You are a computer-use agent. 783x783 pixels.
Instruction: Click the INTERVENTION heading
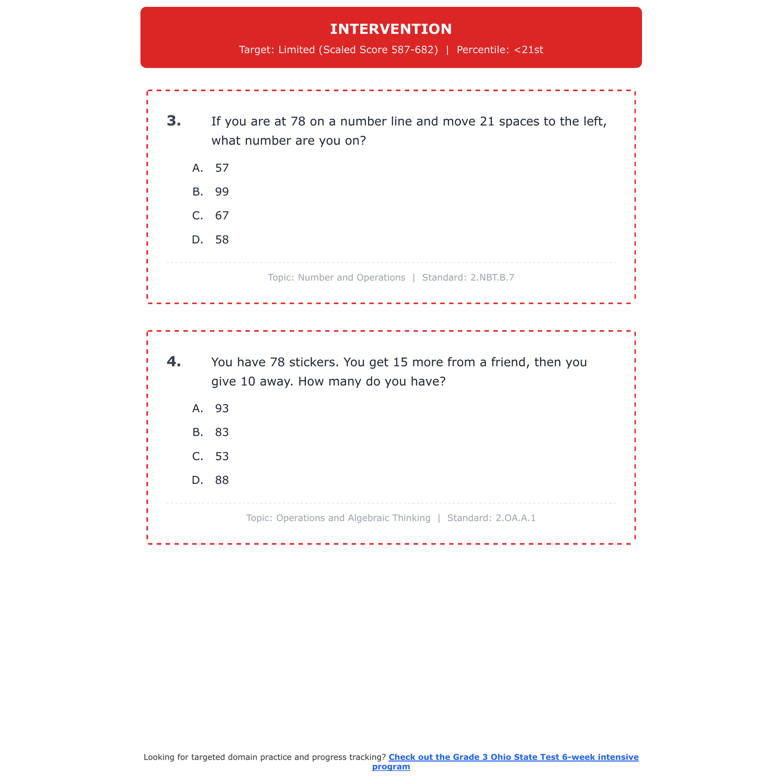pos(391,29)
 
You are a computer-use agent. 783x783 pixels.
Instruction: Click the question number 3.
pos(174,121)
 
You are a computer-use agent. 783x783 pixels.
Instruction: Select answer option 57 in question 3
pos(222,168)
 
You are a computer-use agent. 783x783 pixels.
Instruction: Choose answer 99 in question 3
pos(222,192)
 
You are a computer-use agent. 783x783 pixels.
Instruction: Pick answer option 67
pos(222,216)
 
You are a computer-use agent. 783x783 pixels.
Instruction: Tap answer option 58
pos(222,240)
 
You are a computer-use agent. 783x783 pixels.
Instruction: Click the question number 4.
pos(174,362)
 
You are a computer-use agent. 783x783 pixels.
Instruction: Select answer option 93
pos(222,409)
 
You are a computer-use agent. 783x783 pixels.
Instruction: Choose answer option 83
pos(222,433)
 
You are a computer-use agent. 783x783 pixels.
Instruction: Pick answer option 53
pos(222,457)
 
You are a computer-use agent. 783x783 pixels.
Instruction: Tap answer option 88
pos(222,481)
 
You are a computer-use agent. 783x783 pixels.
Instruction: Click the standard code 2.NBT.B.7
pos(492,278)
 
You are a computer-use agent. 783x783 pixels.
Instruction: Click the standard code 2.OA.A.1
pos(515,518)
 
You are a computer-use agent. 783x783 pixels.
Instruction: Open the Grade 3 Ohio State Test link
pos(513,757)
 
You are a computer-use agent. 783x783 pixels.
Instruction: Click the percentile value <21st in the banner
pos(528,50)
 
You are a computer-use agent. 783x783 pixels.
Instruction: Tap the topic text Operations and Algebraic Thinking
pos(353,518)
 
